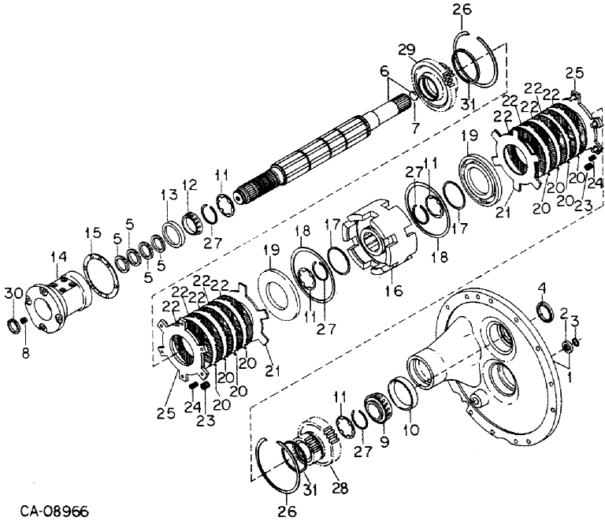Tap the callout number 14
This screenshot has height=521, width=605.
click(x=58, y=256)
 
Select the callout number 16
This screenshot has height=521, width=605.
click(x=393, y=291)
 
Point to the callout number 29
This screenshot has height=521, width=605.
click(x=406, y=50)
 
